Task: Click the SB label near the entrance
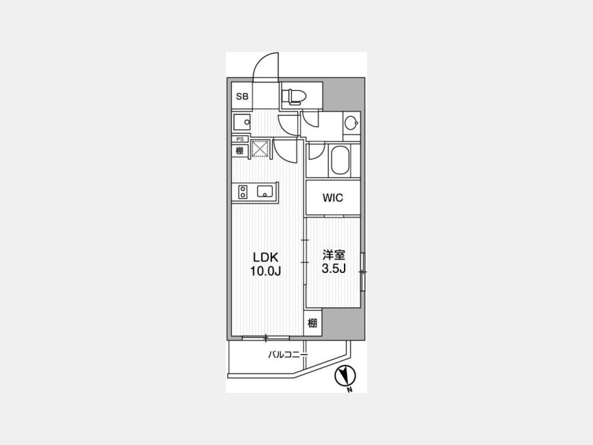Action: click(x=242, y=96)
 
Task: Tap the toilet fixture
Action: click(x=293, y=96)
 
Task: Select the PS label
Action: click(x=240, y=139)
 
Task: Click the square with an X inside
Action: click(x=260, y=148)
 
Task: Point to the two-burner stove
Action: click(x=242, y=191)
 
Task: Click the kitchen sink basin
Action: click(x=264, y=191)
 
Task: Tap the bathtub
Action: click(x=340, y=160)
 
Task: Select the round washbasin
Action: click(x=352, y=123)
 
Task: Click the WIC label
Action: click(x=333, y=198)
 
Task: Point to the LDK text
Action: click(x=266, y=257)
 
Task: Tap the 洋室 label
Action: click(x=333, y=254)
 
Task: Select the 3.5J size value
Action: click(x=333, y=268)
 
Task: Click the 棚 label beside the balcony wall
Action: click(x=312, y=323)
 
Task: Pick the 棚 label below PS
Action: click(x=240, y=150)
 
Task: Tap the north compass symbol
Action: click(x=345, y=377)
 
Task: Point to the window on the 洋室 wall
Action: click(x=363, y=272)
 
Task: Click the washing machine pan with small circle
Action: click(x=242, y=122)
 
